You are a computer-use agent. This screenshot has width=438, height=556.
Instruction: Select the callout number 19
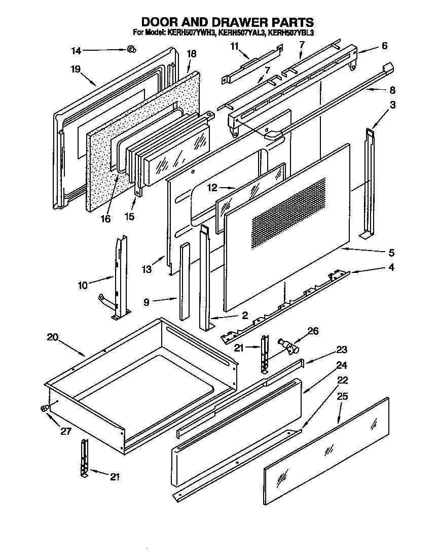point(76,69)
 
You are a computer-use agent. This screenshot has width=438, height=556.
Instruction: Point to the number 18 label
point(191,54)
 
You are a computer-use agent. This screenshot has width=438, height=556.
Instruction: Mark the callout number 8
point(391,91)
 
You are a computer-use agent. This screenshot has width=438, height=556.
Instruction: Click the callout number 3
point(393,105)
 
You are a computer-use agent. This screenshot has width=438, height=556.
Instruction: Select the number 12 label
point(211,188)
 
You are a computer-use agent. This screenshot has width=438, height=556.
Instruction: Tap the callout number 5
point(391,252)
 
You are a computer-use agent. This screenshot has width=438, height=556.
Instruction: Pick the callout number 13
point(147,269)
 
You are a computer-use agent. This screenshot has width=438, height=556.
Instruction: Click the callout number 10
point(82,285)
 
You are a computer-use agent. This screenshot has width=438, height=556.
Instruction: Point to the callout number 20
point(52,337)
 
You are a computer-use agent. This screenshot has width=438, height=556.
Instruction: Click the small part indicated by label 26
point(290,347)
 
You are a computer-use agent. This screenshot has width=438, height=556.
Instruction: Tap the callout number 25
point(343,396)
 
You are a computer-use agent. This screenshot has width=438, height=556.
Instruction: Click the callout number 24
point(342,365)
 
